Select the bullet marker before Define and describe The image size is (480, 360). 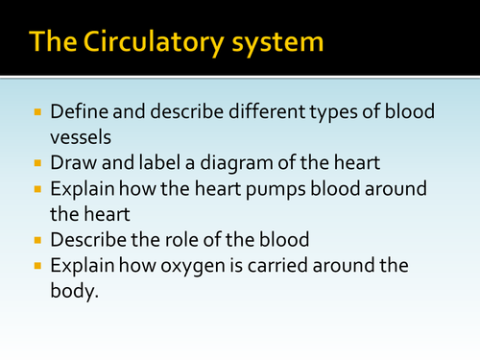coord(37,112)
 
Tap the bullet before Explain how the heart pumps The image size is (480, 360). coord(37,185)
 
